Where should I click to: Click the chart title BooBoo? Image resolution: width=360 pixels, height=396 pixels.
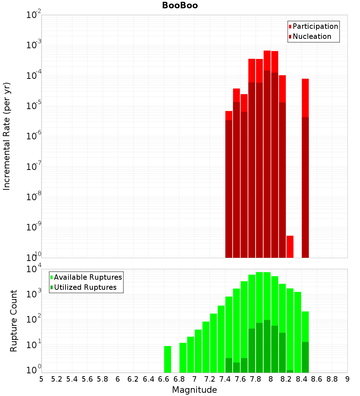coord(180,5)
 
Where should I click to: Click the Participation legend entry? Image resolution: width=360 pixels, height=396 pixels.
coord(315,26)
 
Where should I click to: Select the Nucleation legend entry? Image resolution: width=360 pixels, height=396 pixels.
coord(311,36)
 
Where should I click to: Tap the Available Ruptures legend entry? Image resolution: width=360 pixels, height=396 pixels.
coord(87,277)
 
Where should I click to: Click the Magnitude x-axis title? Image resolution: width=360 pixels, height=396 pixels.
coord(194,390)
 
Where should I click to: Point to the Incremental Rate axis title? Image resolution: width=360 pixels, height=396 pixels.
coord(7,136)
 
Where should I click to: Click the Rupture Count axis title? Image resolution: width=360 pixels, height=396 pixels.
coord(13,320)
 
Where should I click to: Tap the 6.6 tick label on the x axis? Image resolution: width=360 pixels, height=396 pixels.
coord(164,379)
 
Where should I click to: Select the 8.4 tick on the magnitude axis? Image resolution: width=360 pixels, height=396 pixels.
coord(301,379)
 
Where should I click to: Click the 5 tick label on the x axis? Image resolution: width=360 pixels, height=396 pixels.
coord(41,379)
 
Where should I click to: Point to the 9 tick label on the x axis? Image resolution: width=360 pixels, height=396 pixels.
coord(347,379)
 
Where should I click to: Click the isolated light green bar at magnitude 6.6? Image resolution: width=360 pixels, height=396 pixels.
coord(167,359)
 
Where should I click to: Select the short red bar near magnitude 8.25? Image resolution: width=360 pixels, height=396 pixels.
coord(290,247)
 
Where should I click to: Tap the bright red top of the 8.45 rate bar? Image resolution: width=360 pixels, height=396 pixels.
coord(305,97)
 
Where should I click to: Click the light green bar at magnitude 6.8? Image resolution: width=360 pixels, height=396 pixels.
coord(183,357)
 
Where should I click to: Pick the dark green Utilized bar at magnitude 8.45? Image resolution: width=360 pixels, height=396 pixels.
coord(305,357)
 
